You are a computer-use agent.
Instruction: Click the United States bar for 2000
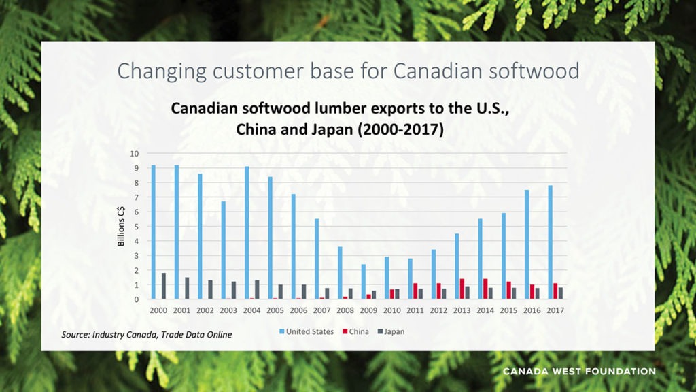click(x=153, y=232)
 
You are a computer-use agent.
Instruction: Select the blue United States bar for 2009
click(x=363, y=282)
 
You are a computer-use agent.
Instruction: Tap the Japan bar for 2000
click(x=164, y=286)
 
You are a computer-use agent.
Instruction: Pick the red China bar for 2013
click(x=462, y=289)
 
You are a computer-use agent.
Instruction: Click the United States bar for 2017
click(x=550, y=242)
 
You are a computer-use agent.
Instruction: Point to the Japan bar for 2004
click(x=257, y=290)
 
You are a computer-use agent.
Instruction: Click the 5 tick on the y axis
click(x=136, y=227)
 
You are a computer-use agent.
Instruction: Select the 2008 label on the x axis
click(x=345, y=310)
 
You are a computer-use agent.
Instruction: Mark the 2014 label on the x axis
click(x=485, y=310)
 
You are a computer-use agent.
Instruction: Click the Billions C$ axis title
click(x=121, y=227)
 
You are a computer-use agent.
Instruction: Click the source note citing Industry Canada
click(x=146, y=334)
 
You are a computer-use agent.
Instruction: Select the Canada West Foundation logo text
click(x=579, y=372)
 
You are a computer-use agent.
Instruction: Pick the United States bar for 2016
click(x=527, y=244)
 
